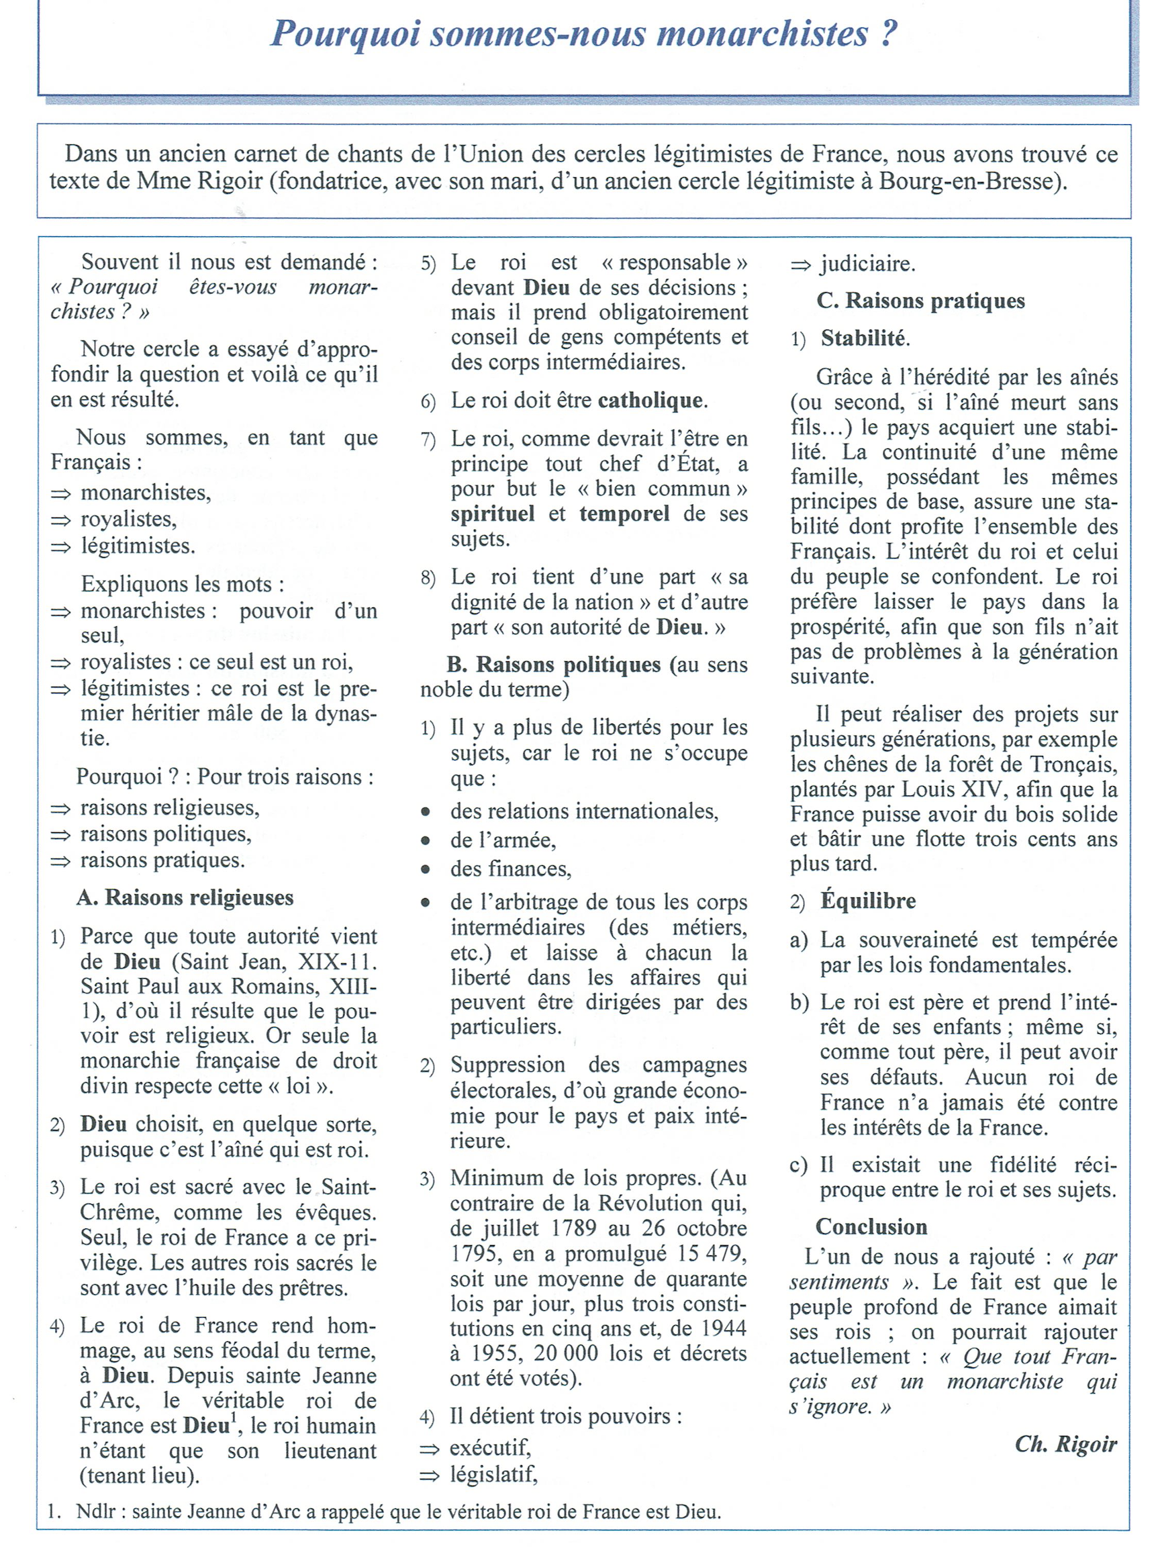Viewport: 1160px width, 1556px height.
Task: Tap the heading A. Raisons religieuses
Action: pos(185,897)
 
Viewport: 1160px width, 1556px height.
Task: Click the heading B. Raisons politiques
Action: pos(554,665)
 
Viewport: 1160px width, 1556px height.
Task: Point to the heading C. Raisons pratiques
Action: pos(920,301)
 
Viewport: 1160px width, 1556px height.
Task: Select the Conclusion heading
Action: pos(871,1226)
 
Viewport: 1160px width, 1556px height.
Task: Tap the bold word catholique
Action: pos(651,400)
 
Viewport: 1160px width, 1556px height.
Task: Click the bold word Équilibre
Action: pos(868,901)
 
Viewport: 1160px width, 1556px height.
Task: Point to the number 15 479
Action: pos(712,1253)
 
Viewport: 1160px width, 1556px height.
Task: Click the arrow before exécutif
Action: pos(429,1449)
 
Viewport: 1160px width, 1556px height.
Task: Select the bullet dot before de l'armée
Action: pos(426,840)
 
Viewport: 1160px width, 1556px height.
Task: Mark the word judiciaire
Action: pos(868,264)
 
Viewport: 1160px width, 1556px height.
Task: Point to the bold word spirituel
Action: pos(493,514)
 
